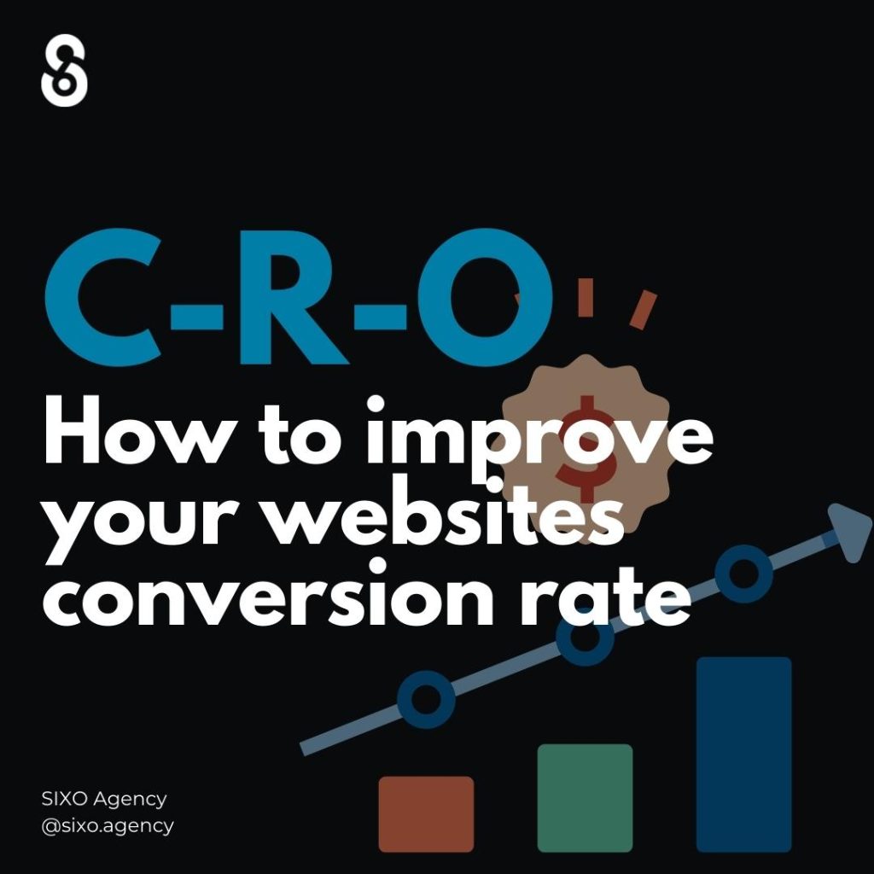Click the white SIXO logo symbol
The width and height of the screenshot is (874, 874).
(x=64, y=70)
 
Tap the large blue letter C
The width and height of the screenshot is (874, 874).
(x=103, y=297)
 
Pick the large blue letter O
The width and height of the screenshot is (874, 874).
(x=485, y=297)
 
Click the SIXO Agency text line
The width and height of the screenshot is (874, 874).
(x=103, y=799)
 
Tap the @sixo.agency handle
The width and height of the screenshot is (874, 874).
(x=108, y=826)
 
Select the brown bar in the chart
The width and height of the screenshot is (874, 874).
(x=427, y=813)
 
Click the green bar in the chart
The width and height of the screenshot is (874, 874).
(x=585, y=798)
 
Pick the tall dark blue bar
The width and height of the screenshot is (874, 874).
(x=744, y=755)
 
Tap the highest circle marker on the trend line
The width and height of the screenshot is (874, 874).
(x=743, y=574)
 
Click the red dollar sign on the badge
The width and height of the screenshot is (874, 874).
(x=586, y=449)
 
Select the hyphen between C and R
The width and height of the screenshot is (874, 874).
(x=197, y=317)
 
